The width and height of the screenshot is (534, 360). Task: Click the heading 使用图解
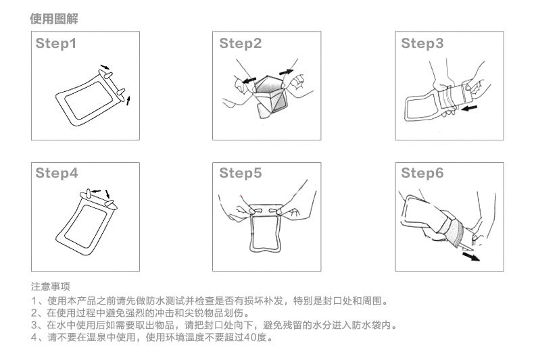pos(54,19)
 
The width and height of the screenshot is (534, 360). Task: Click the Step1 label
pos(56,43)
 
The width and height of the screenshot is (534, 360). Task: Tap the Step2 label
pos(241,43)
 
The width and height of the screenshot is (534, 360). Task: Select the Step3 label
pos(422,43)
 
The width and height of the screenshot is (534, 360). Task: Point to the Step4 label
pos(57,173)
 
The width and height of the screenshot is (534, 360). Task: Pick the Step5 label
pos(241,173)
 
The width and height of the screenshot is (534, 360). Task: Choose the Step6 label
pos(422,173)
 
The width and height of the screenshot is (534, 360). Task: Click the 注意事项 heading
pos(51,286)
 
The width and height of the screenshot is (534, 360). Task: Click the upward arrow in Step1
pos(128,101)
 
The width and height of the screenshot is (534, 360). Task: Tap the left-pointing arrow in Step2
pos(249,80)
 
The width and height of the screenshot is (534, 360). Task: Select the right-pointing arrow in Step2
pos(286,72)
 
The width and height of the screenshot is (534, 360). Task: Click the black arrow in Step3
pos(469,108)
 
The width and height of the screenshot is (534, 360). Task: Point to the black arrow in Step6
pos(471,256)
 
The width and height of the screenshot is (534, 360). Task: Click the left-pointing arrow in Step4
pos(97,191)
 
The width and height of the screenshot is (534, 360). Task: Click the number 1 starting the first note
pos(34,301)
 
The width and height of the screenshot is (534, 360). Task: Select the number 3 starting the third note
pos(34,326)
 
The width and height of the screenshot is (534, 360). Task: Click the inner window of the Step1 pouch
pos(89,100)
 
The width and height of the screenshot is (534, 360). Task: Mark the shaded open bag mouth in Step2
pos(269,84)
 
